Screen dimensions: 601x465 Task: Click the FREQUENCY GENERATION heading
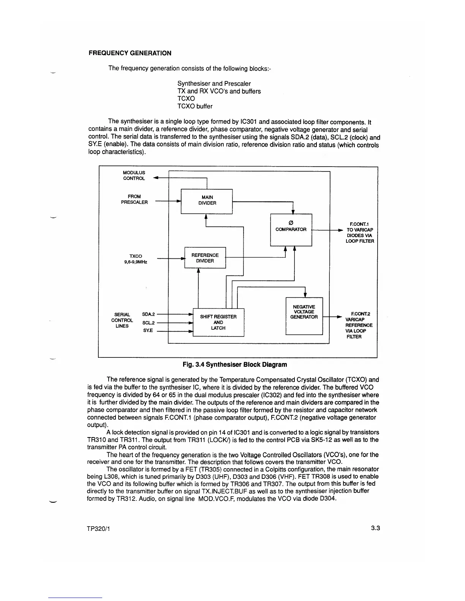click(130, 53)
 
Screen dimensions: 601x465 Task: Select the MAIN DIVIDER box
click(207, 201)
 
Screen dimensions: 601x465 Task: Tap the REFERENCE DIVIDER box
click(205, 258)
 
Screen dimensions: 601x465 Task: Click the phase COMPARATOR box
click(291, 230)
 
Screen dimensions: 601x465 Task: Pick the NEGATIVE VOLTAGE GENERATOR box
click(304, 316)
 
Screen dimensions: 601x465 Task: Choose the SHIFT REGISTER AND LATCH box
click(218, 322)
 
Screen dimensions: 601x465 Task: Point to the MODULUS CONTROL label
click(134, 175)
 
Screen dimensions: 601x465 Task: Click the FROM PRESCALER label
click(134, 199)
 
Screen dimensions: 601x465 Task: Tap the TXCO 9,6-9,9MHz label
click(136, 259)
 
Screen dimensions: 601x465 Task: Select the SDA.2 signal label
click(148, 314)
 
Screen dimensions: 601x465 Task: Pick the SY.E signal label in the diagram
click(148, 330)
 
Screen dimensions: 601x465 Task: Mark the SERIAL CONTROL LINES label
click(122, 320)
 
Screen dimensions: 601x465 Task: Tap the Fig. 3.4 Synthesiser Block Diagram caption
click(235, 364)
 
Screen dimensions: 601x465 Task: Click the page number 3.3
click(376, 529)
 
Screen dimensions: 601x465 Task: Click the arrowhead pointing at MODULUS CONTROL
click(155, 178)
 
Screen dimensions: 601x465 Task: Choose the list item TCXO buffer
click(195, 106)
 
